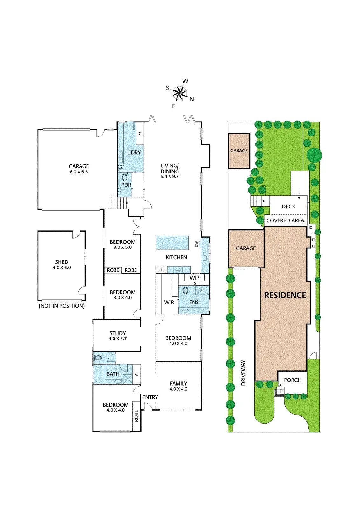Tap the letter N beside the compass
(192, 99)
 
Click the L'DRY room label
(134, 153)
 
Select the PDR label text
(126, 185)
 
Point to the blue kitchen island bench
(172, 243)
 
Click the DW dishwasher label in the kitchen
(197, 244)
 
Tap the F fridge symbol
(161, 270)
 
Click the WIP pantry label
(195, 278)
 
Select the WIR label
(169, 302)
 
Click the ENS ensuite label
(194, 302)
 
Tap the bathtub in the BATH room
(99, 374)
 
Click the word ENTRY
(150, 397)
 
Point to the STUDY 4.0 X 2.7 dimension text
(118, 339)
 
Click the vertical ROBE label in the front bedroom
(136, 415)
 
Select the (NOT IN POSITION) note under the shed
(62, 306)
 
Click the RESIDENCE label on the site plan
(285, 295)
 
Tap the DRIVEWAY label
(244, 373)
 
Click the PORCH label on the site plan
(293, 380)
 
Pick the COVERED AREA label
(285, 220)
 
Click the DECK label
(288, 206)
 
